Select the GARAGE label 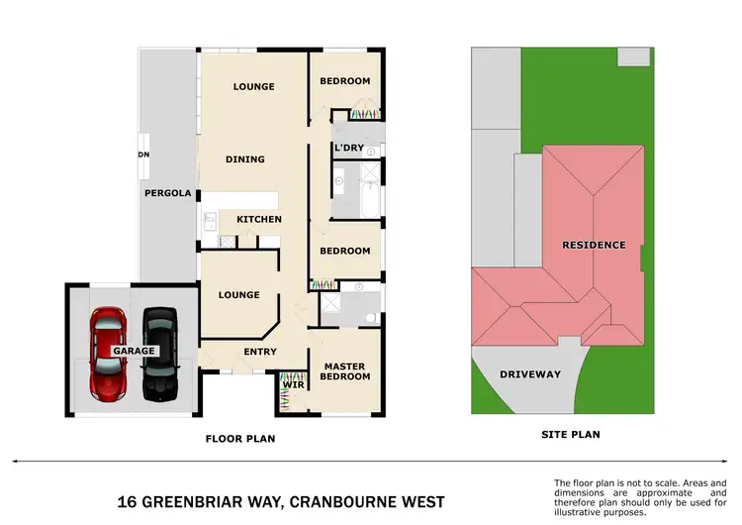tap(133, 352)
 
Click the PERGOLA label tap(167, 193)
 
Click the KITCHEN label tap(258, 219)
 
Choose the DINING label tap(245, 158)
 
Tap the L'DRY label tap(349, 148)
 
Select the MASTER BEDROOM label tap(346, 371)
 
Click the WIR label tap(293, 383)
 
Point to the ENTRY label tap(259, 352)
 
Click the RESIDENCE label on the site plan tap(594, 245)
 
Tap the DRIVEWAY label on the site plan tap(530, 374)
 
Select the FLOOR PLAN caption tap(239, 437)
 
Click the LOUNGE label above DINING tap(253, 86)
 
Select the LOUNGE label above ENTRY tap(238, 294)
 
